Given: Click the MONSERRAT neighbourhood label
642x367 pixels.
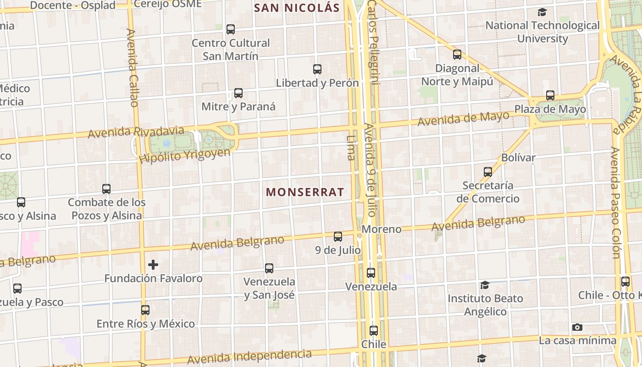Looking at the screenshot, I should pos(305,192).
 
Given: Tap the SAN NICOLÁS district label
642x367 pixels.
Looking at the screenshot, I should pos(297,8).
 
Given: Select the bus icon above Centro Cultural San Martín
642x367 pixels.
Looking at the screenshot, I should pos(231,29).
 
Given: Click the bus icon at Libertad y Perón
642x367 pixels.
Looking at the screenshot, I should pos(317,69).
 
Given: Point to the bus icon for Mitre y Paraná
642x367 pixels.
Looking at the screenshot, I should pos(238,93).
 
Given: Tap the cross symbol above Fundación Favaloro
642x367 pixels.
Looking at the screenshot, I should pos(153,265).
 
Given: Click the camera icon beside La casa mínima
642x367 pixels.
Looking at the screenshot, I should pos(577,327).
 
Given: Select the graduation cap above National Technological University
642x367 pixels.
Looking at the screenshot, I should pos(542,12).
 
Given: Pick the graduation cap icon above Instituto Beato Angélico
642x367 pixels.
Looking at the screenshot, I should pos(485,285).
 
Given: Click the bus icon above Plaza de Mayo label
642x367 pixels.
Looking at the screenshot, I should pos(550,95).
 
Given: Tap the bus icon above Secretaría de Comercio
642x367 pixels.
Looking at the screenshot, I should pos(488,172).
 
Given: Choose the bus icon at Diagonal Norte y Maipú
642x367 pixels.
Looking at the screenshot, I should pos(457,55).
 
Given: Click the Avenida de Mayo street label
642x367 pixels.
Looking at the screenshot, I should pos(463,118).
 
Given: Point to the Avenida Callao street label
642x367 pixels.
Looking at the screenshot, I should pos(132,68).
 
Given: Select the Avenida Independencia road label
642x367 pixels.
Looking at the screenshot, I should pos(249,356).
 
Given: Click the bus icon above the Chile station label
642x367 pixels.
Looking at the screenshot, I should pos(374,331).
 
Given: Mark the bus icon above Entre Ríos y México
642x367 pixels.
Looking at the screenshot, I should pos(145,310).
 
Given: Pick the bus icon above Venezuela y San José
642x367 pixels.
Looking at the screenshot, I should pos(269,268).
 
